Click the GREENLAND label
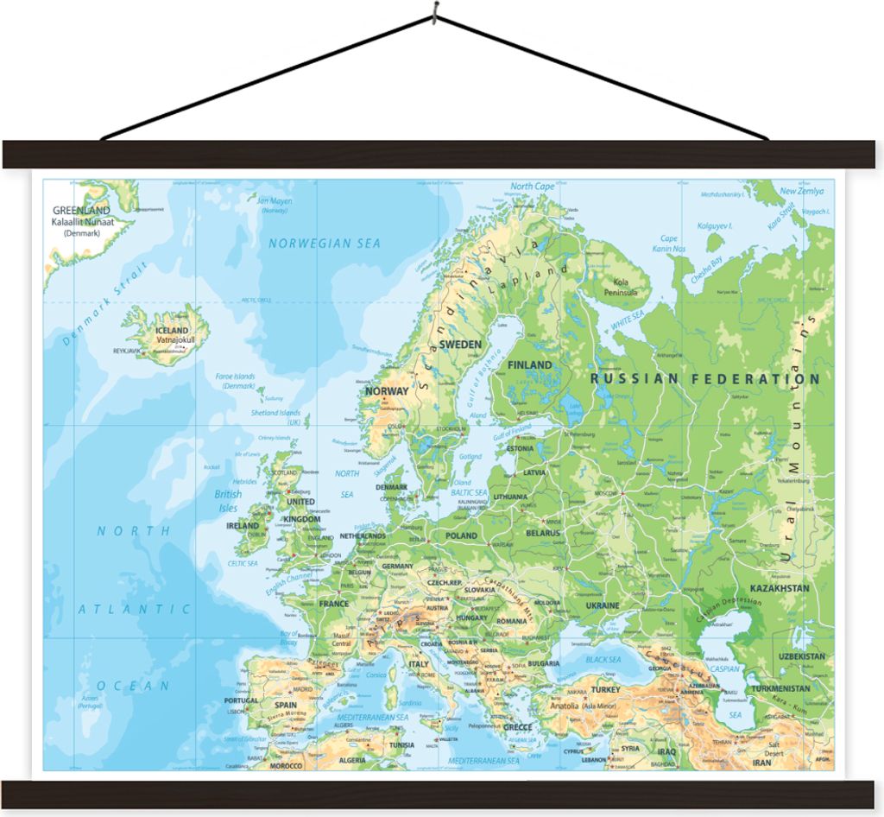coord(81,210)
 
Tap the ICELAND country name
coord(172,330)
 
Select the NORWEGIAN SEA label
coord(324,244)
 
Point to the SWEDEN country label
coord(460,344)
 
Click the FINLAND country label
coord(529,364)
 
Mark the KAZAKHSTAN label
coord(780,588)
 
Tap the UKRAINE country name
coord(603,605)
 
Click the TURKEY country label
coord(605,689)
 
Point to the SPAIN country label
coord(286,705)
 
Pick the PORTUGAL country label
coord(241,700)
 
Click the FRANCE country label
coord(334,604)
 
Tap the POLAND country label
coord(460,535)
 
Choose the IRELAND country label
coord(243,525)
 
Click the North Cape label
coord(533,187)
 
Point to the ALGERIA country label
coord(352,760)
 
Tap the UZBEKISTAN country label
coord(801,656)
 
